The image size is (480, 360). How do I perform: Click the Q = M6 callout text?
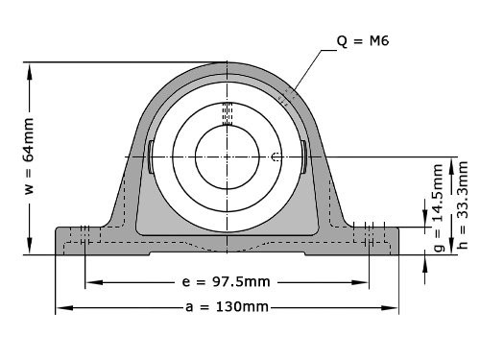(x=364, y=41)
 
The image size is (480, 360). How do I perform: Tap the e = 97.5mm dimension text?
(x=227, y=283)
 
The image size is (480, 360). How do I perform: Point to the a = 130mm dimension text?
(x=227, y=307)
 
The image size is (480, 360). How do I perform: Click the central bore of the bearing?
(x=227, y=156)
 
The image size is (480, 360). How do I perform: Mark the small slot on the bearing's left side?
(x=152, y=156)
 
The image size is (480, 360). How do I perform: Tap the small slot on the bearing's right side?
(x=302, y=156)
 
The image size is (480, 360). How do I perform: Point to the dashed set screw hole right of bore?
(x=276, y=156)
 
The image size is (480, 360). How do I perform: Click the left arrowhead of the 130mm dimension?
(x=60, y=308)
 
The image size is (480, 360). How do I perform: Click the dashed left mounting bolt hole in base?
(x=85, y=240)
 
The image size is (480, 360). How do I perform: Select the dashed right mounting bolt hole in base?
(x=369, y=240)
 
